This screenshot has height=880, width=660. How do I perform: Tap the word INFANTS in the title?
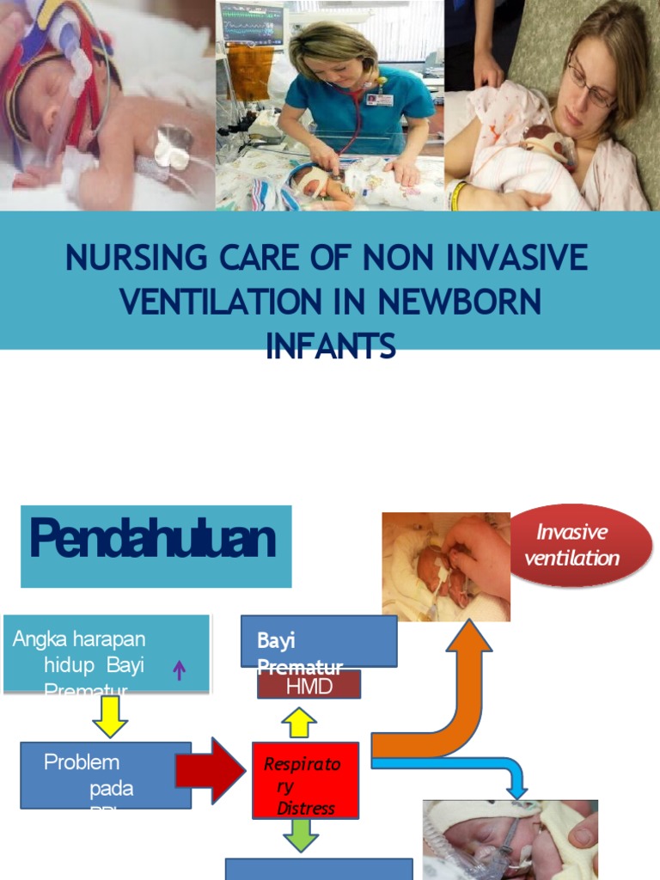pos(331,346)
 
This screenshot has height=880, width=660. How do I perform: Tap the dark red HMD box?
pos(309,685)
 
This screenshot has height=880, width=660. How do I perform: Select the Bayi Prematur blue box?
pos(318,640)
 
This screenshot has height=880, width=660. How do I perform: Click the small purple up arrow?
pos(180,669)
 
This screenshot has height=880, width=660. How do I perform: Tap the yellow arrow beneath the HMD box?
pos(299,722)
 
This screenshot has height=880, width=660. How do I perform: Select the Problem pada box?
pos(105,775)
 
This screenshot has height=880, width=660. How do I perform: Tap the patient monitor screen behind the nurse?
pos(251,23)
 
